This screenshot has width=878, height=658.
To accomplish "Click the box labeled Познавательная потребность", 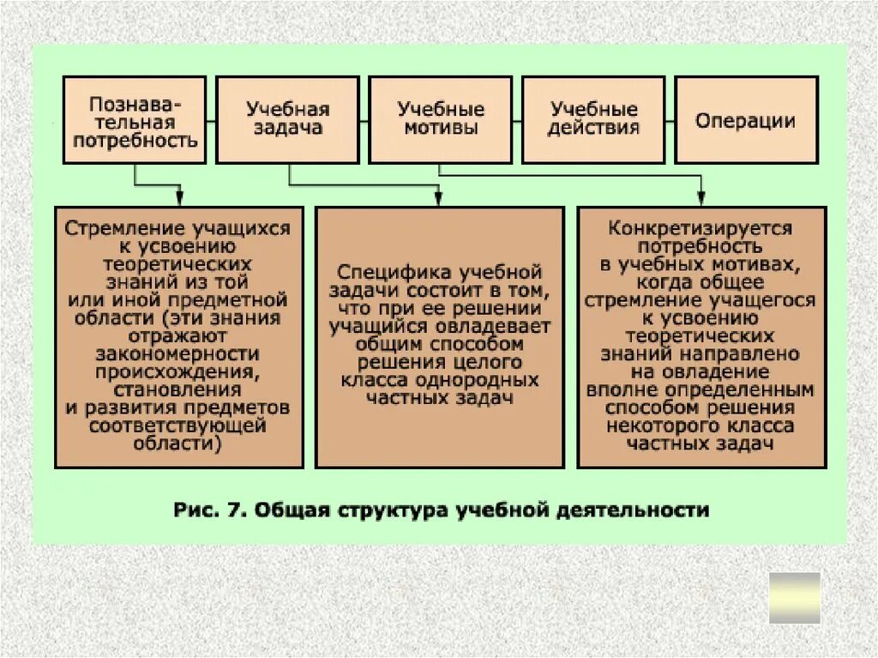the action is (x=135, y=120).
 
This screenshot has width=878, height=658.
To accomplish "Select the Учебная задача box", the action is (x=287, y=120).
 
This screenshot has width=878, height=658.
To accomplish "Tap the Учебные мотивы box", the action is (x=440, y=120).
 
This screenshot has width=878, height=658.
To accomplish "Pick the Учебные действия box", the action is (x=593, y=120).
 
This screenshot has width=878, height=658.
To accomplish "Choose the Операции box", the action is (x=746, y=120).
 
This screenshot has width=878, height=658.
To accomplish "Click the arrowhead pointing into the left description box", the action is (x=180, y=199).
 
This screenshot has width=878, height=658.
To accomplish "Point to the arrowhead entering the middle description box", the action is (x=437, y=199).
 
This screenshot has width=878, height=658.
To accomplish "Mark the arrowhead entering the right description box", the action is (x=701, y=199).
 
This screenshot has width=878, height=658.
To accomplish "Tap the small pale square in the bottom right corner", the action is (x=794, y=598).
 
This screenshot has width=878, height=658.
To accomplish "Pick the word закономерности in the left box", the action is (x=178, y=354).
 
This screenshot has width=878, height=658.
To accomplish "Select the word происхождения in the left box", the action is (x=178, y=371).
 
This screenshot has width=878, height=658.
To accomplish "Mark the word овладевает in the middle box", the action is (x=487, y=327).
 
